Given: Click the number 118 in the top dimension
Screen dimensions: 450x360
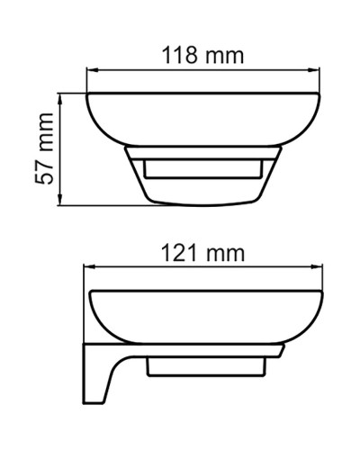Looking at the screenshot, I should tap(179, 56).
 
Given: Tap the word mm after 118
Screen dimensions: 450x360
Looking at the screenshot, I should tap(225, 56).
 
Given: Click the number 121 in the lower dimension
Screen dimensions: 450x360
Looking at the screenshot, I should tap(179, 253).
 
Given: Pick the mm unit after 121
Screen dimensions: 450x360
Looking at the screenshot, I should tap(225, 253).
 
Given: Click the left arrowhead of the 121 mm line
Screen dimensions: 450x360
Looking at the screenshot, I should tap(88, 268).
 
